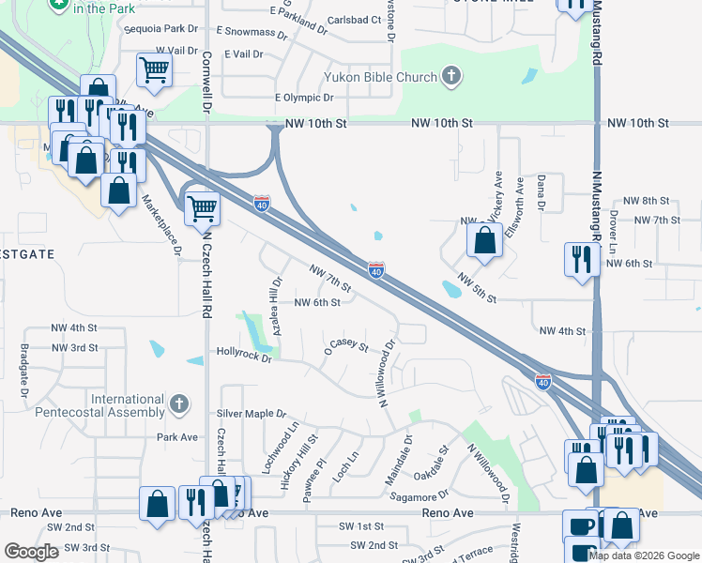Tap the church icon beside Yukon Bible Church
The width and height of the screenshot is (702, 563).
(451, 76)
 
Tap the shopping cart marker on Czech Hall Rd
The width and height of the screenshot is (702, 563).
(202, 207)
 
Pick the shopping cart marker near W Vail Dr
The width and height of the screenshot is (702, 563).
(153, 68)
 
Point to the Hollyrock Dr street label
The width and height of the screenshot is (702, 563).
(243, 358)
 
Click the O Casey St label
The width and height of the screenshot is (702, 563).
(346, 344)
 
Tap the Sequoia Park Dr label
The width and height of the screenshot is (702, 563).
(158, 29)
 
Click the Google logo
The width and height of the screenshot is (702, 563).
(32, 552)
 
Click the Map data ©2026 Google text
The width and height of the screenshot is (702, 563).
(644, 555)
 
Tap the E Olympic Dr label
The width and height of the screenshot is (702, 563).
(304, 98)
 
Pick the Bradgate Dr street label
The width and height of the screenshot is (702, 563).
(23, 366)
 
